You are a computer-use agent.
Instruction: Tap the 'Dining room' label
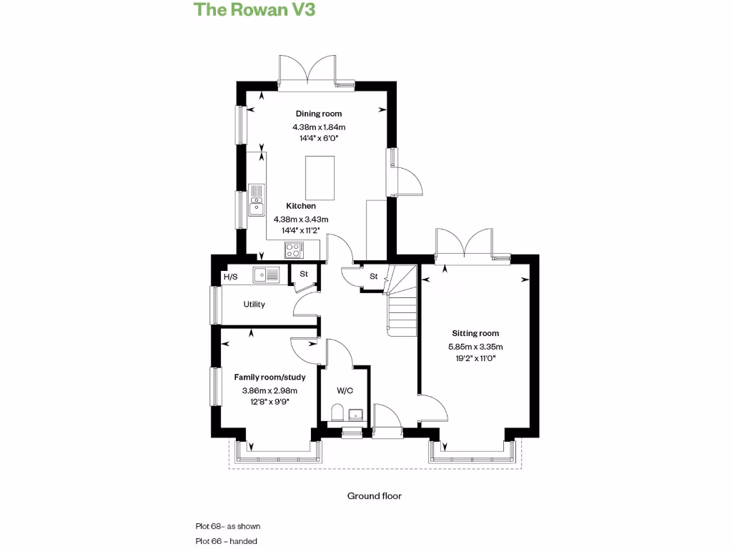click(319, 114)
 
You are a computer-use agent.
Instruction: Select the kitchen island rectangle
click(320, 179)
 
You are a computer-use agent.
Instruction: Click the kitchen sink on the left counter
click(257, 200)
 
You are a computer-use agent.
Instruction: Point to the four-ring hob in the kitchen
click(293, 250)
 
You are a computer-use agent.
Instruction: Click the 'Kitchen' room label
click(301, 206)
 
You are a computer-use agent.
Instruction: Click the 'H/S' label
click(230, 277)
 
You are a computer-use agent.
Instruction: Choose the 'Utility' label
click(254, 305)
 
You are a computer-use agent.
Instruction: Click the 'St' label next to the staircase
click(373, 276)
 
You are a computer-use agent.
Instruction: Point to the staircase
click(402, 300)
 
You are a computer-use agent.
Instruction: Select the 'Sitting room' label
click(475, 333)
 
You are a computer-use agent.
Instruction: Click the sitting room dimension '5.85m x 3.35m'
click(475, 347)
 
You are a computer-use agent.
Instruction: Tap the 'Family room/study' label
click(269, 377)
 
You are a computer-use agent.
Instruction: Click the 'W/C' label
click(345, 391)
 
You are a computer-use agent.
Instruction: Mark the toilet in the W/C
click(337, 412)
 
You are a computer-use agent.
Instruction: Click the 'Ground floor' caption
click(375, 495)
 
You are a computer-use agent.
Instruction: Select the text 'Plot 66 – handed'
click(227, 541)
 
